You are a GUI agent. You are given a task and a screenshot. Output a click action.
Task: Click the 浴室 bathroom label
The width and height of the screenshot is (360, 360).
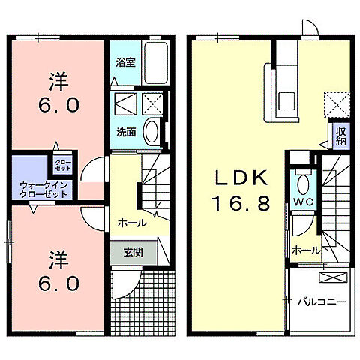coord(124,62)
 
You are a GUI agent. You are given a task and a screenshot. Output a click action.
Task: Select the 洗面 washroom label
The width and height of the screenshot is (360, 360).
coord(125,132)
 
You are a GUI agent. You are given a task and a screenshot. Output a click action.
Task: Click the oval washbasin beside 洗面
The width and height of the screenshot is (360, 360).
coord(151,132)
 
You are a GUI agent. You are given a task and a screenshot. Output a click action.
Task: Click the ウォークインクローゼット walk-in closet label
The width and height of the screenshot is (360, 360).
coord(44,188)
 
